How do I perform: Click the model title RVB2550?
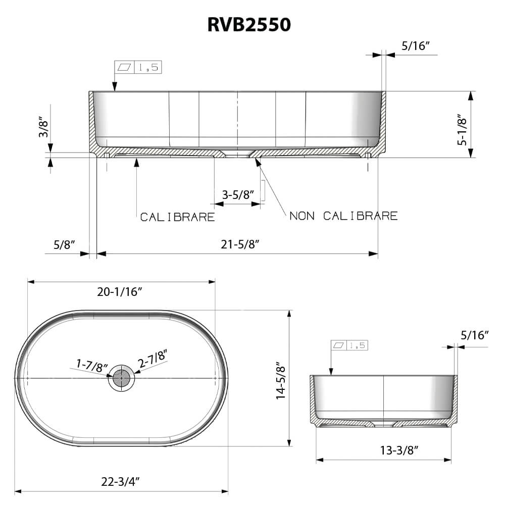(249, 24)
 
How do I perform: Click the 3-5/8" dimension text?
(237, 195)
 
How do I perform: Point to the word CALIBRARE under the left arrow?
(177, 217)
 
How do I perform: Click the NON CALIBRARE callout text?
(343, 216)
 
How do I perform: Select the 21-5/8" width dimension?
(240, 244)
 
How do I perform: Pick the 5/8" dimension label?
(64, 244)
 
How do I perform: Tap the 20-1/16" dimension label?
(120, 291)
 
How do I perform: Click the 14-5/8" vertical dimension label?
(281, 379)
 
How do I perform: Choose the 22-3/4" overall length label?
(120, 480)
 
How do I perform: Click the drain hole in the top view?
(121, 378)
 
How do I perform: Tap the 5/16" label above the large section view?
(415, 45)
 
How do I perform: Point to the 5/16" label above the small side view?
(475, 335)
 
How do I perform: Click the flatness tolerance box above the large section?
(138, 67)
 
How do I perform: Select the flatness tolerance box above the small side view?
(349, 345)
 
